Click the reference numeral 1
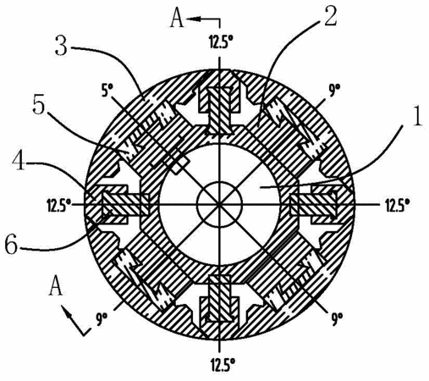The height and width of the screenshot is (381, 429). click(417, 118)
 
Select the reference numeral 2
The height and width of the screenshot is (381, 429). click(331, 17)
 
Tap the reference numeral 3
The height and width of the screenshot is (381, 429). click(61, 47)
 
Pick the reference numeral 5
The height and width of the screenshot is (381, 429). click(39, 106)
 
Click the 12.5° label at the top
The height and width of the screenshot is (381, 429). click(221, 43)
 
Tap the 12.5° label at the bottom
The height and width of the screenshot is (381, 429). click(221, 366)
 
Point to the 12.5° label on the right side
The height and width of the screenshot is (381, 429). click(398, 205)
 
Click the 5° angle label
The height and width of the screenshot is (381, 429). click(107, 91)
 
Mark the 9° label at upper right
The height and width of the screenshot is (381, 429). click(333, 91)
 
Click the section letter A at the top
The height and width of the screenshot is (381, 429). click(177, 19)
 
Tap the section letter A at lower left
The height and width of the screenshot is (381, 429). click(56, 286)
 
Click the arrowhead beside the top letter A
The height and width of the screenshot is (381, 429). click(193, 19)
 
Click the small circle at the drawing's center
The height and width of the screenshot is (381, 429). click(220, 205)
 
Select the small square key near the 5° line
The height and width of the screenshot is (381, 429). click(180, 166)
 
